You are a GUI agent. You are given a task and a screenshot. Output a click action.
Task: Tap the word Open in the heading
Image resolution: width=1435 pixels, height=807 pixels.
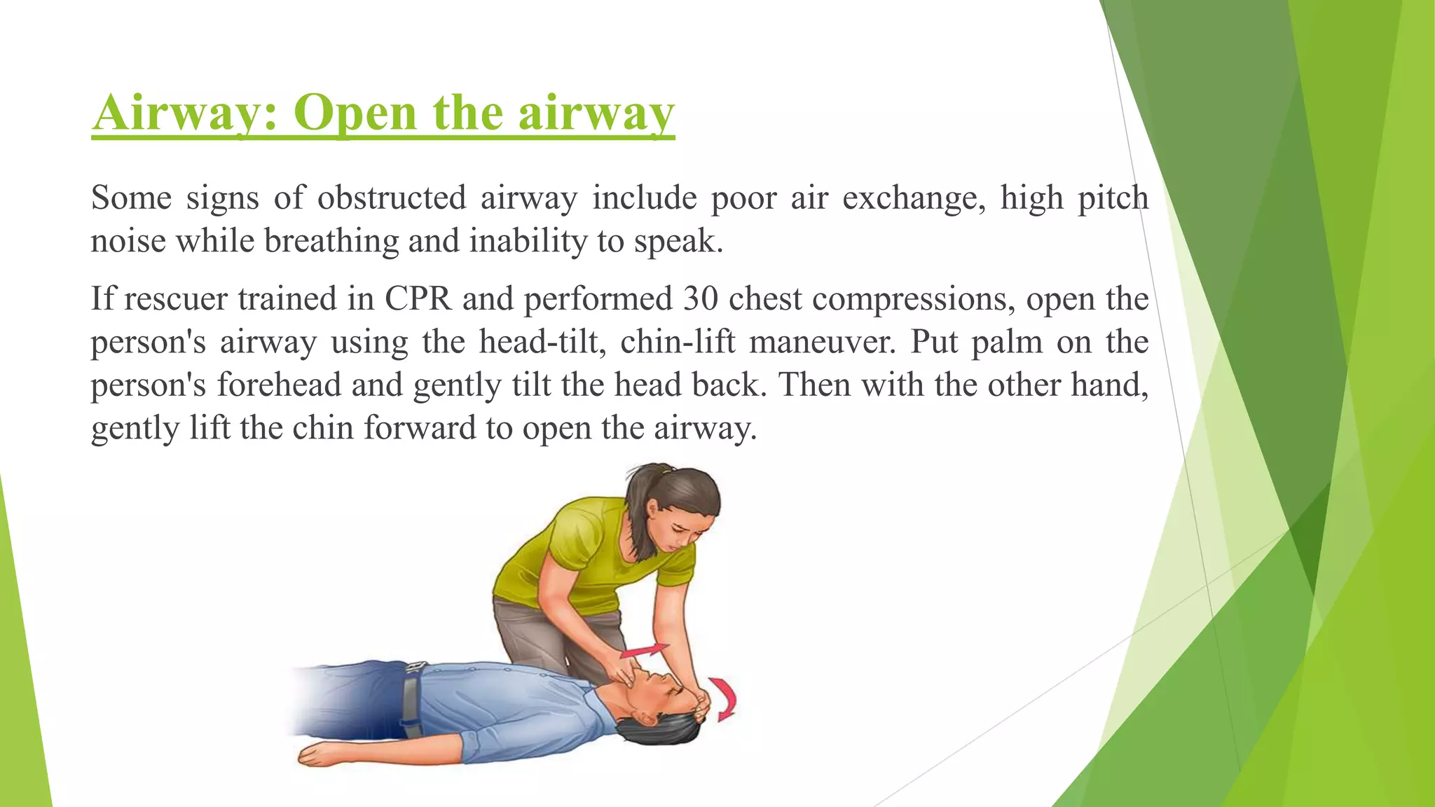(x=355, y=112)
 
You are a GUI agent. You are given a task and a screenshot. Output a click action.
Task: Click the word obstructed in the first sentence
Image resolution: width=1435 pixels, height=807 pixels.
(x=392, y=198)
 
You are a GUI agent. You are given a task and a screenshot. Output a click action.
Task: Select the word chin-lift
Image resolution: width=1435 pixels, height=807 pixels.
(x=678, y=343)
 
